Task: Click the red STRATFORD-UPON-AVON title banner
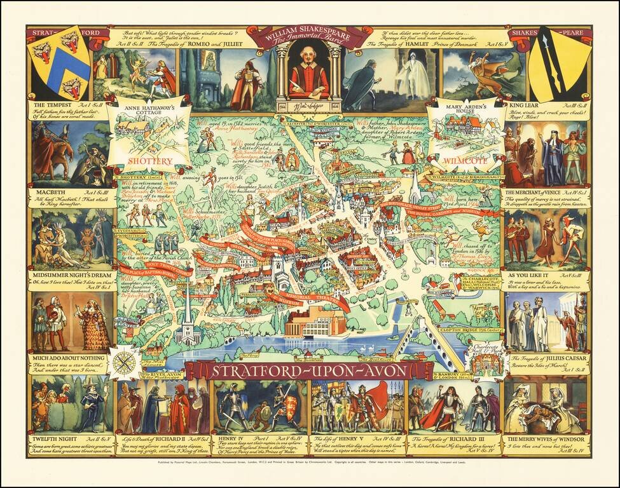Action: (x=309, y=370)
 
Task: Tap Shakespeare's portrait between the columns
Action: (x=309, y=73)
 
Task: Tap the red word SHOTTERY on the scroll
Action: (x=149, y=161)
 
